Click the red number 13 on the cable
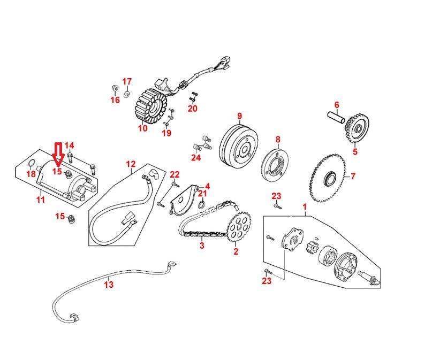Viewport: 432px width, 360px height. tap(109, 285)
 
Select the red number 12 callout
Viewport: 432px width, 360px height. tap(131, 164)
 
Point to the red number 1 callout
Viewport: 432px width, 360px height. tap(305, 206)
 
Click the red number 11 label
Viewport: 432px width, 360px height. tap(40, 200)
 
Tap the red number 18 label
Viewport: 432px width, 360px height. tap(31, 174)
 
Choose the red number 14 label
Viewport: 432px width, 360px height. tap(69, 145)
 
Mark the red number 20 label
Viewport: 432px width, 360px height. tap(192, 109)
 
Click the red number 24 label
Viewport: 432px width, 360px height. tap(196, 157)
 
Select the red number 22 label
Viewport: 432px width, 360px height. tap(175, 175)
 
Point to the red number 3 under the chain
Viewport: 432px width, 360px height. tap(202, 246)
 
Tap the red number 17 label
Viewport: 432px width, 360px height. tap(127, 81)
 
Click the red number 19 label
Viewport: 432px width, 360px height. tap(166, 133)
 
